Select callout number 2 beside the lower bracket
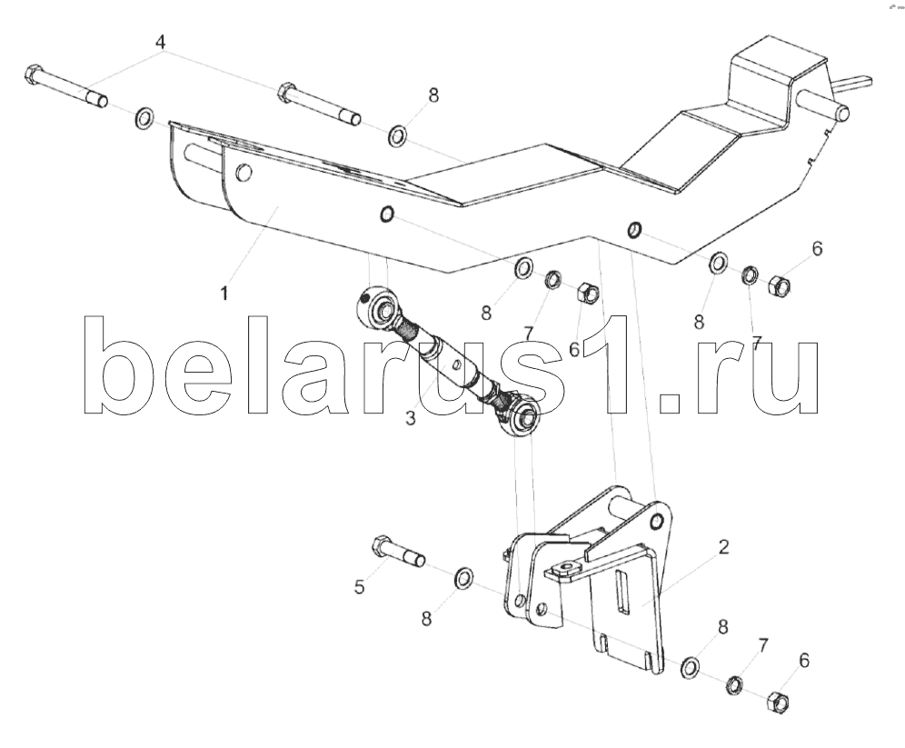(x=723, y=547)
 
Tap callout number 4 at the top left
(x=160, y=42)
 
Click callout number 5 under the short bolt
(x=360, y=587)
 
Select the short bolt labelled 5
(x=397, y=551)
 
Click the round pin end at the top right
(x=841, y=115)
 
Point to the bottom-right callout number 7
(x=762, y=646)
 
